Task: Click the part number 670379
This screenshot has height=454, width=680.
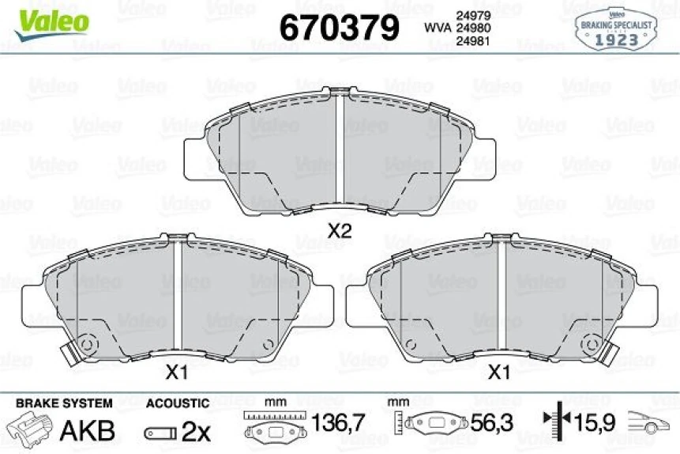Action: (x=340, y=28)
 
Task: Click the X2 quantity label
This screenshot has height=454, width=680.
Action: (x=339, y=232)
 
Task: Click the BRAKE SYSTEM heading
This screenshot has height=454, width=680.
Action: (x=64, y=403)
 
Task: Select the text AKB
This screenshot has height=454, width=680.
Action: (x=88, y=431)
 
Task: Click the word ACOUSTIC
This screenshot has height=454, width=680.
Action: (x=178, y=403)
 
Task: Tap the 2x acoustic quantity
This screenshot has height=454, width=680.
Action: (x=195, y=432)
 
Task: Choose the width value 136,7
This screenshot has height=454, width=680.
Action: (x=338, y=424)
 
